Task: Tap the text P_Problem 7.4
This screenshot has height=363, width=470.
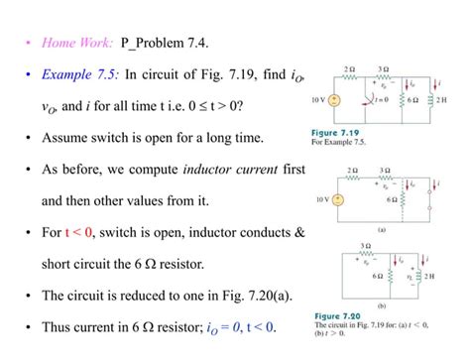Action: tap(165, 43)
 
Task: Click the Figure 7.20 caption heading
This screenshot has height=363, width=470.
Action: tap(335, 317)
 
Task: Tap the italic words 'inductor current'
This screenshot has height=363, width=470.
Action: tap(230, 170)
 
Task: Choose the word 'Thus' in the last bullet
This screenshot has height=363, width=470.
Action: tap(57, 328)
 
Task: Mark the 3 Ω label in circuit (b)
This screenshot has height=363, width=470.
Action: tap(365, 245)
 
